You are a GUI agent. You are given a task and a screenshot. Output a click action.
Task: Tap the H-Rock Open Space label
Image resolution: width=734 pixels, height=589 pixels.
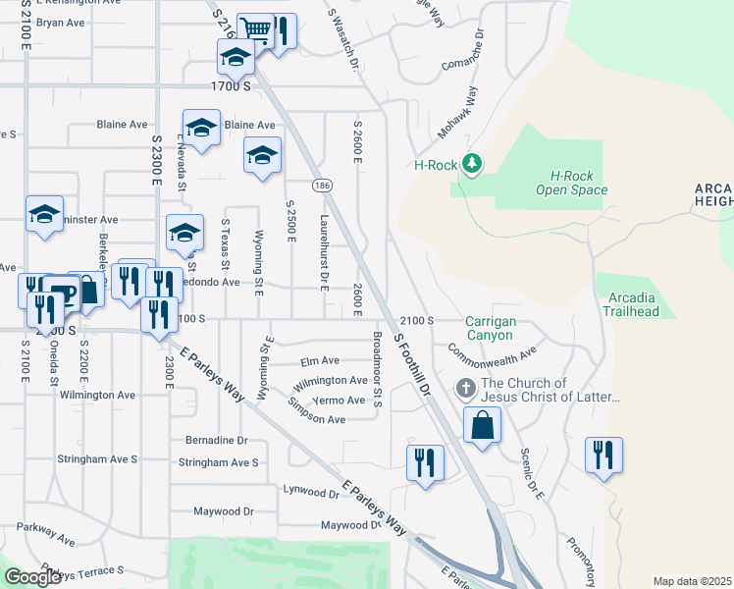coord(572,183)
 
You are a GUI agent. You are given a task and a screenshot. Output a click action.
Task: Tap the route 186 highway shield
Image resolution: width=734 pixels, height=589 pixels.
coord(321,186)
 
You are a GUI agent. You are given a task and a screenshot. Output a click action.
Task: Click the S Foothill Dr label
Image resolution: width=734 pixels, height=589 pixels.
coord(412,362)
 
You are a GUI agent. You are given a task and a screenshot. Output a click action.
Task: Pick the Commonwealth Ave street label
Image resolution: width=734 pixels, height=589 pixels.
coord(493,348)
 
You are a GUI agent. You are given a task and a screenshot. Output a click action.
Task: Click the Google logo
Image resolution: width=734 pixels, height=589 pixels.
coord(33,577)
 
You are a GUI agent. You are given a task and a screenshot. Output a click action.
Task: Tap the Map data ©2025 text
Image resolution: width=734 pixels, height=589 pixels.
coord(691,581)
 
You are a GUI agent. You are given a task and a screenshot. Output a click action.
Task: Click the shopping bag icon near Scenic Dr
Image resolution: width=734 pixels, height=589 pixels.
coord(483,426)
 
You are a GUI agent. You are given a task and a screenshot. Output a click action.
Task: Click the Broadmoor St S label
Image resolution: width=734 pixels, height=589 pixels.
coord(377,369)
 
